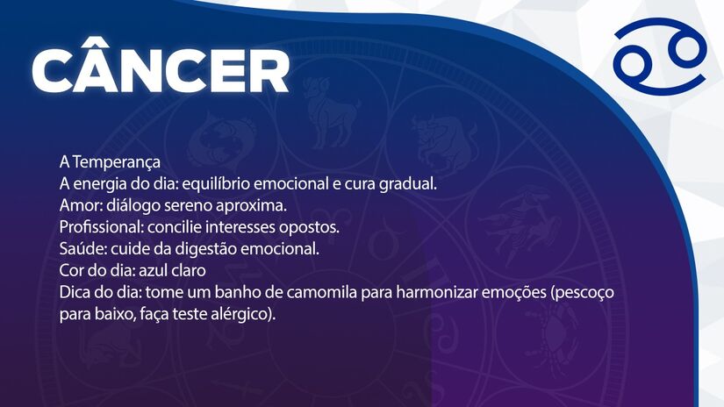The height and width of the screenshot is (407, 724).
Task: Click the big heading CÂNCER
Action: [160, 69]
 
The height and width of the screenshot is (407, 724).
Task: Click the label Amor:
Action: [81, 206]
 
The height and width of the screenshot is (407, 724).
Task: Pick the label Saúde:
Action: [82, 248]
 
